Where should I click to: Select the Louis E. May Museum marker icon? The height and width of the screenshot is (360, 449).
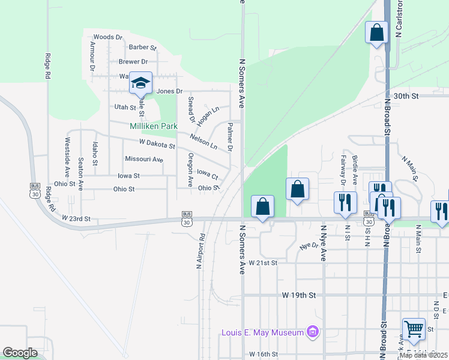coord(312,332)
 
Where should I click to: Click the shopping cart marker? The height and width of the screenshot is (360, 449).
coord(414,329)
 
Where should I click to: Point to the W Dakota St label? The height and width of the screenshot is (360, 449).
coord(157,145)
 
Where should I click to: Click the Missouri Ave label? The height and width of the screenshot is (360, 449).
coord(144,159)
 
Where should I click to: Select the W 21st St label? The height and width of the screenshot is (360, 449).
coord(264,263)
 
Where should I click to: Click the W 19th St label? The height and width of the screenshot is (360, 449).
coord(298,295)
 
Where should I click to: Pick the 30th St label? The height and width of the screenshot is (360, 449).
coord(406,95)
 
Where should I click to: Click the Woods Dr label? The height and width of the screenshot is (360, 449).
coord(108,37)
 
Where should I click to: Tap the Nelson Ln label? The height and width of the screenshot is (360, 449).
coord(203,142)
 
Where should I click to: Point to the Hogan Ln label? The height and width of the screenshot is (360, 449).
coord(208,114)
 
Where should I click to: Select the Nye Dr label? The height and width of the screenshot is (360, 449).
coord(309,246)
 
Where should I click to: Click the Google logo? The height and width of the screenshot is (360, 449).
coord(20,353)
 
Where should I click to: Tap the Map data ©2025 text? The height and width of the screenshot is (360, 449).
coord(424,355)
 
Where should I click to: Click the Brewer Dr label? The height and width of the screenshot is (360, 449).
coord(133,62)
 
